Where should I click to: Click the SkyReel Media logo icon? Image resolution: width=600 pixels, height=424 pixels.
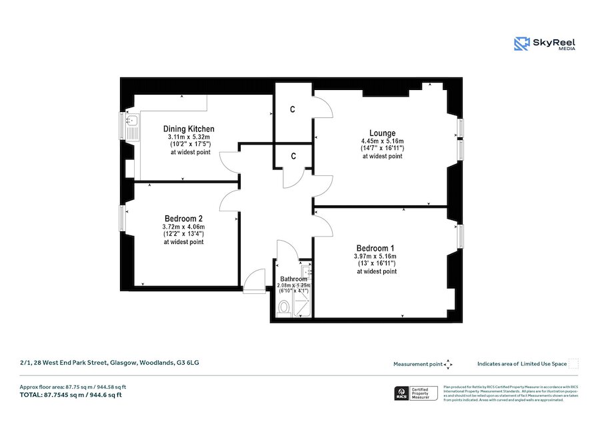pos(521,44)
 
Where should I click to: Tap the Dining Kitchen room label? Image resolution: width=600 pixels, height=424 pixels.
pos(189,129)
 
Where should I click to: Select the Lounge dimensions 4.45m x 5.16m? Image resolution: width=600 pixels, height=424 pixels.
pos(383,141)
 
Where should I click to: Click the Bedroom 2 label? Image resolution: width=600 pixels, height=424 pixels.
pos(183,218)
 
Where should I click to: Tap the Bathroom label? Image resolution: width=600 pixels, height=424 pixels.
pos(293,279)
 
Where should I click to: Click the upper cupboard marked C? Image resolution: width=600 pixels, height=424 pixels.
pos(293,109)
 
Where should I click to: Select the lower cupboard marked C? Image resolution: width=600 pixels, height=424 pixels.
pos(293,157)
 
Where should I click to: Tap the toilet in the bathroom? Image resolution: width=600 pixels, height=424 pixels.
pos(283,307)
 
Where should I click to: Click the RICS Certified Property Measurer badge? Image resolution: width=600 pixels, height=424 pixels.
pos(417,393)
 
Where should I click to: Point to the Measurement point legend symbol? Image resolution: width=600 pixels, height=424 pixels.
pos(448,364)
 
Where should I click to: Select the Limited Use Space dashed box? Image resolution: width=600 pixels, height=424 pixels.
pos(573,364)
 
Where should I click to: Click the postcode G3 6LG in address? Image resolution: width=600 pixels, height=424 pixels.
pos(187,363)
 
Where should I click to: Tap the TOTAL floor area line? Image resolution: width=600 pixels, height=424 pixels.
pos(71,395)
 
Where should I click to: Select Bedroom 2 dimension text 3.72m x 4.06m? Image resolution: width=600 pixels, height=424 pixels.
pos(183,227)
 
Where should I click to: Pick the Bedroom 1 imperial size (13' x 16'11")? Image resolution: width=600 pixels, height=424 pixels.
pos(376,264)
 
